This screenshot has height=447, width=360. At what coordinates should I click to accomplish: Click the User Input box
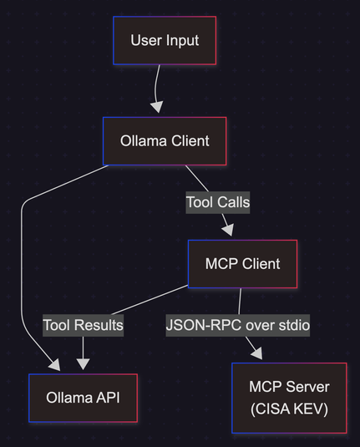click(165, 40)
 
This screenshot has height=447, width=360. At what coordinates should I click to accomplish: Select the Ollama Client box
click(165, 141)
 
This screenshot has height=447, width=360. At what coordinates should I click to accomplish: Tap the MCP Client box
click(242, 264)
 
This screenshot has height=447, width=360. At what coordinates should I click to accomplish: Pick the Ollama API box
click(83, 398)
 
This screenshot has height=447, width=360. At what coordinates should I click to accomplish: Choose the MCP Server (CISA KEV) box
click(289, 398)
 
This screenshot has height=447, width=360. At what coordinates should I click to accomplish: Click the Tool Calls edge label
click(218, 202)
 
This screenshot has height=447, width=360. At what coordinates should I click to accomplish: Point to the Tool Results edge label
click(83, 325)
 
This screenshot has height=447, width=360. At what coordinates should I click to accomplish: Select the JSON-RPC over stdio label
click(238, 325)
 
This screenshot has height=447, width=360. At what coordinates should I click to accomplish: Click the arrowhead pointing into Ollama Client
click(157, 107)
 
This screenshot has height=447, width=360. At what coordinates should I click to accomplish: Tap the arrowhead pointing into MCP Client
click(228, 230)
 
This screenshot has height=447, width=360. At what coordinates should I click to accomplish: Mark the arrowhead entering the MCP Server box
click(257, 353)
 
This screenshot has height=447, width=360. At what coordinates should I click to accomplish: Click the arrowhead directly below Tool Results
click(83, 364)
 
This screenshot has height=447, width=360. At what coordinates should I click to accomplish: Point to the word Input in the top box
click(182, 41)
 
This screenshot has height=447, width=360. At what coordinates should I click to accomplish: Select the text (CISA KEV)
click(289, 409)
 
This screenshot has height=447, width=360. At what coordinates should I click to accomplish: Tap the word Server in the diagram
click(307, 387)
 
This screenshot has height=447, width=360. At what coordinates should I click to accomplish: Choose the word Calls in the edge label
click(233, 202)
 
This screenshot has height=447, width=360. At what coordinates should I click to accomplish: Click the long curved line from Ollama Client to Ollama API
click(22, 257)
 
